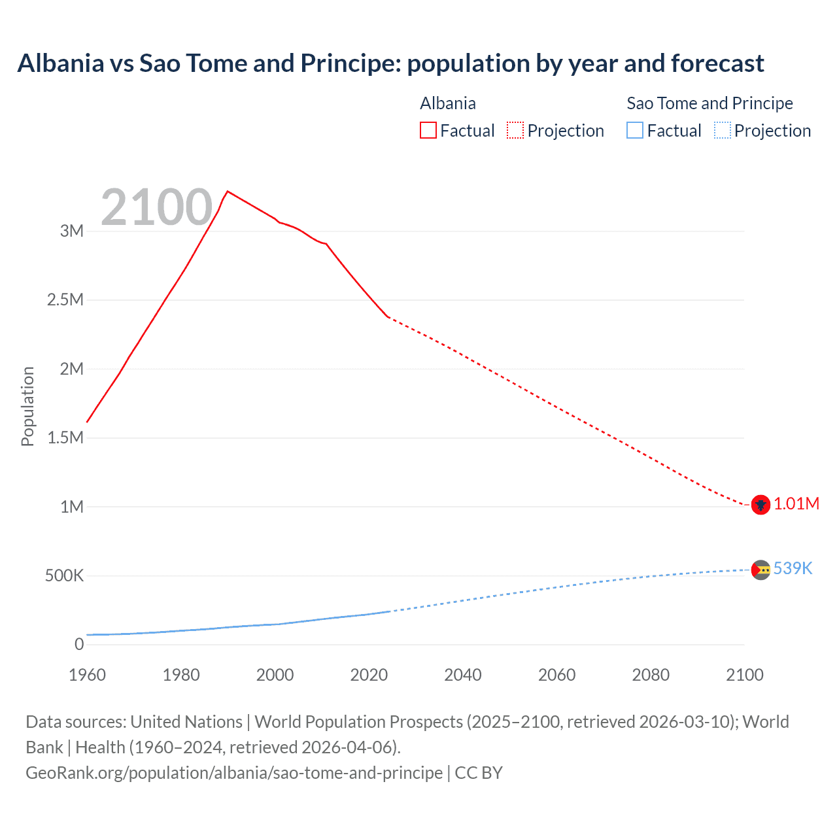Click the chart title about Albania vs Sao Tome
coord(390,63)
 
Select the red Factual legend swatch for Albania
coord(428,130)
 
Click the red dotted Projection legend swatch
coord(515,130)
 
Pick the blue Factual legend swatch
coord(635,130)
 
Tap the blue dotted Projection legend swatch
coord(722,130)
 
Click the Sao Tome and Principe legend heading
coord(709,103)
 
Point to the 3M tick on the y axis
coord(72,231)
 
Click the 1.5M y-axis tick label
coord(65,437)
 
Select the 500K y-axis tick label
coord(64,576)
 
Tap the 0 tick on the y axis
coord(79,645)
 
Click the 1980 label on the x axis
coord(181,675)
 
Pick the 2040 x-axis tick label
coord(463,675)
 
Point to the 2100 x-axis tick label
coord(744,675)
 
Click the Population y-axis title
coord(27,406)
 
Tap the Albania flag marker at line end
coord(760,505)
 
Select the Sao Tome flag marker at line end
coord(760,570)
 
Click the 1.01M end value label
coord(796,504)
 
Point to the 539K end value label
coord(793,568)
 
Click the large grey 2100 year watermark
coord(157,207)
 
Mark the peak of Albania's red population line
coord(227,192)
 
